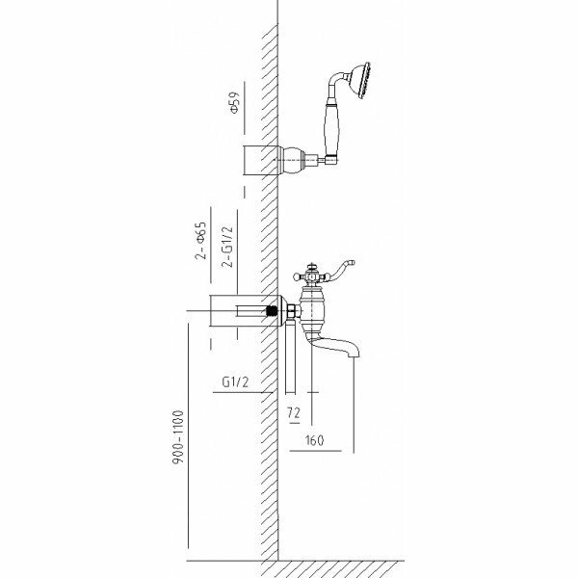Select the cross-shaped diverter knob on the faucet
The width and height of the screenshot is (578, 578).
[313, 275]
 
